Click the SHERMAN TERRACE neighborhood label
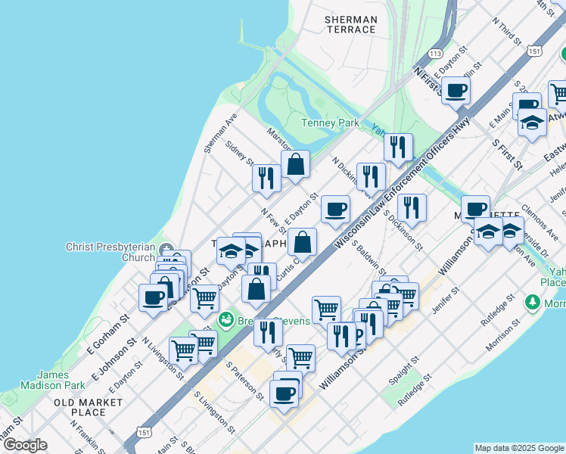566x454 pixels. (350, 24)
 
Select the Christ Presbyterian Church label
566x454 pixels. (110, 252)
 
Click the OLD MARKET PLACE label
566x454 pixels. (80, 407)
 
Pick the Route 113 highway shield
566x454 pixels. (434, 54)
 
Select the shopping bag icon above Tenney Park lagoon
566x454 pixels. (295, 164)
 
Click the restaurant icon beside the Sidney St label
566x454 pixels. (266, 179)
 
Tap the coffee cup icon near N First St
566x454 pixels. (456, 91)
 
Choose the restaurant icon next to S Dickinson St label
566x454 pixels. (411, 207)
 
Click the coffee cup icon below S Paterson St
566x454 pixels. (285, 393)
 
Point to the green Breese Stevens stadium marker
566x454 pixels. (225, 322)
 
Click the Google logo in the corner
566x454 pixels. (24, 445)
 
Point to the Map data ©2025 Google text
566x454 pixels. (519, 448)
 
